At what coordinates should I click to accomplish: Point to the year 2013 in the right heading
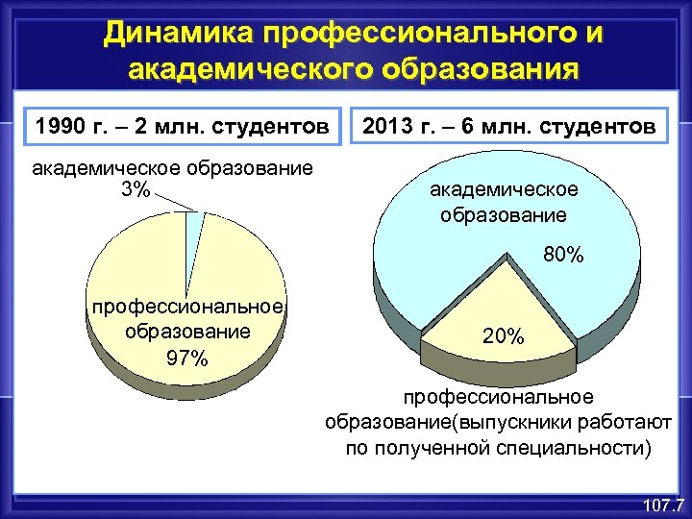[x=390, y=126]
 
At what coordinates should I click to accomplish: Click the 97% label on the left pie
[x=186, y=358]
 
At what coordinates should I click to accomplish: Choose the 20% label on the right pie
[x=503, y=336]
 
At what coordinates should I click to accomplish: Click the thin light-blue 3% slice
[x=194, y=223]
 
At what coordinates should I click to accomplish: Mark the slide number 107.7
[x=662, y=504]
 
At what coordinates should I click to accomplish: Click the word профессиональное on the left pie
[x=186, y=307]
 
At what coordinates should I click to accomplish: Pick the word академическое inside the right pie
[x=504, y=189]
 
